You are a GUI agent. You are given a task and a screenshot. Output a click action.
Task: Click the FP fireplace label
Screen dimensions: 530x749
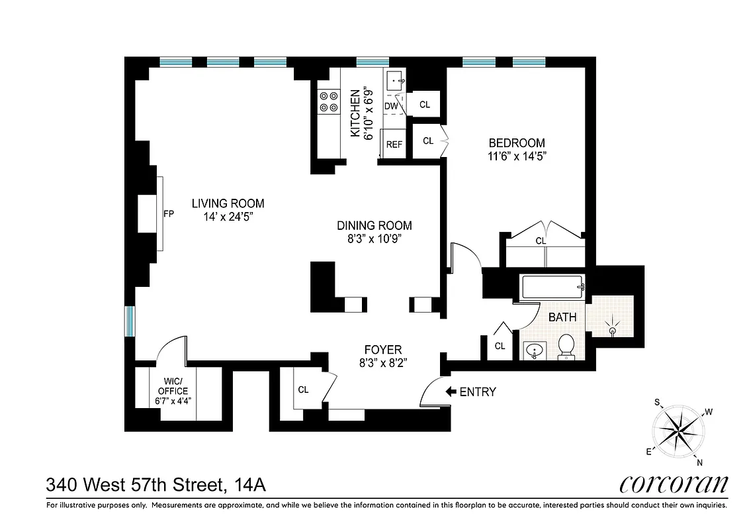pos(168,214)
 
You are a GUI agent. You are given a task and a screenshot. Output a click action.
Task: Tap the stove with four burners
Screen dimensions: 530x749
pos(328,101)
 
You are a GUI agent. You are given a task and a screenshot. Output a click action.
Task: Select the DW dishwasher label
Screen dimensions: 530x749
pos(391,106)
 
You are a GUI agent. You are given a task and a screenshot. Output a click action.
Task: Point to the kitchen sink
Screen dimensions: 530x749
pos(397,81)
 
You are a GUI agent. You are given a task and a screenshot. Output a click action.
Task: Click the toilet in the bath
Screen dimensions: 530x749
pos(566,346)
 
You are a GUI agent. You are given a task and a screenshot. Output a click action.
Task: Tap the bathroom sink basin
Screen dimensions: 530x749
pos(533,349)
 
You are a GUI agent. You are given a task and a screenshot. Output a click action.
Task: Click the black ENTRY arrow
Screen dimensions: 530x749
pos(451,392)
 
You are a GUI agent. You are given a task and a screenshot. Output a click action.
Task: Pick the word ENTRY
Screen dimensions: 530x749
pos(477,392)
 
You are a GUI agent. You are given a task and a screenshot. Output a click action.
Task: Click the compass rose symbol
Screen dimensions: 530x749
pos(682,431)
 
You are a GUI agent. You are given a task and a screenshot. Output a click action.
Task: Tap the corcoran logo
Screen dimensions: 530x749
pos(674,484)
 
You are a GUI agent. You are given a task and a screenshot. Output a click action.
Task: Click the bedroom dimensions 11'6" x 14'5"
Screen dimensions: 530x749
pos(517,157)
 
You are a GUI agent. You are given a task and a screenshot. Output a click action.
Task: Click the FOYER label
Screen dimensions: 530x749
pos(383,350)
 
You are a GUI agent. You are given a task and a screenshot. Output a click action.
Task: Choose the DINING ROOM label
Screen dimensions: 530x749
pos(374,225)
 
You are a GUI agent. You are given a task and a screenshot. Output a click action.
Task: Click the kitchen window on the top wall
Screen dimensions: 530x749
pos(373,62)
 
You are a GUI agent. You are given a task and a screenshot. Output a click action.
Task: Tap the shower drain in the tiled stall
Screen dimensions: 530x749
pos(612,329)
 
